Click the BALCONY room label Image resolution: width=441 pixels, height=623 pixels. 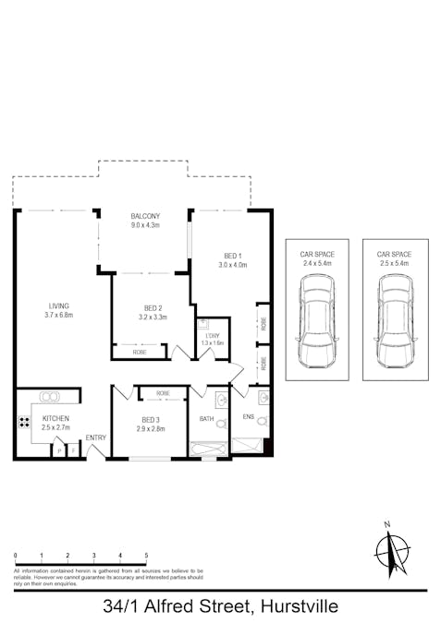145,216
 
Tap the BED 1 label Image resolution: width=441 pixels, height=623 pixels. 233,255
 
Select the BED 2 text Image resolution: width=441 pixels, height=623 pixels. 153,307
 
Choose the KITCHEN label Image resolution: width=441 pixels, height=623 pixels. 55,418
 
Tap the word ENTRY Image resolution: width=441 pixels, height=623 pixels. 96,437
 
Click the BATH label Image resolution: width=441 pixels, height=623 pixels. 207,419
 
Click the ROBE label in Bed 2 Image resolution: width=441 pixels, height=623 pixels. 140,352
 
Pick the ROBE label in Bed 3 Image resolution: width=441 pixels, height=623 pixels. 163,393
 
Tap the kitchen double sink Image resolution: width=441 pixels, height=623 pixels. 49,397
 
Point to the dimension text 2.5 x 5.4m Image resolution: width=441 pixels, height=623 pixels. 395,263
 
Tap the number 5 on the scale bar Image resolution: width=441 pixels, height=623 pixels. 146,555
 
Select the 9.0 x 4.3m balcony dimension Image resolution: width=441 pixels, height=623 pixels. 145,225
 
